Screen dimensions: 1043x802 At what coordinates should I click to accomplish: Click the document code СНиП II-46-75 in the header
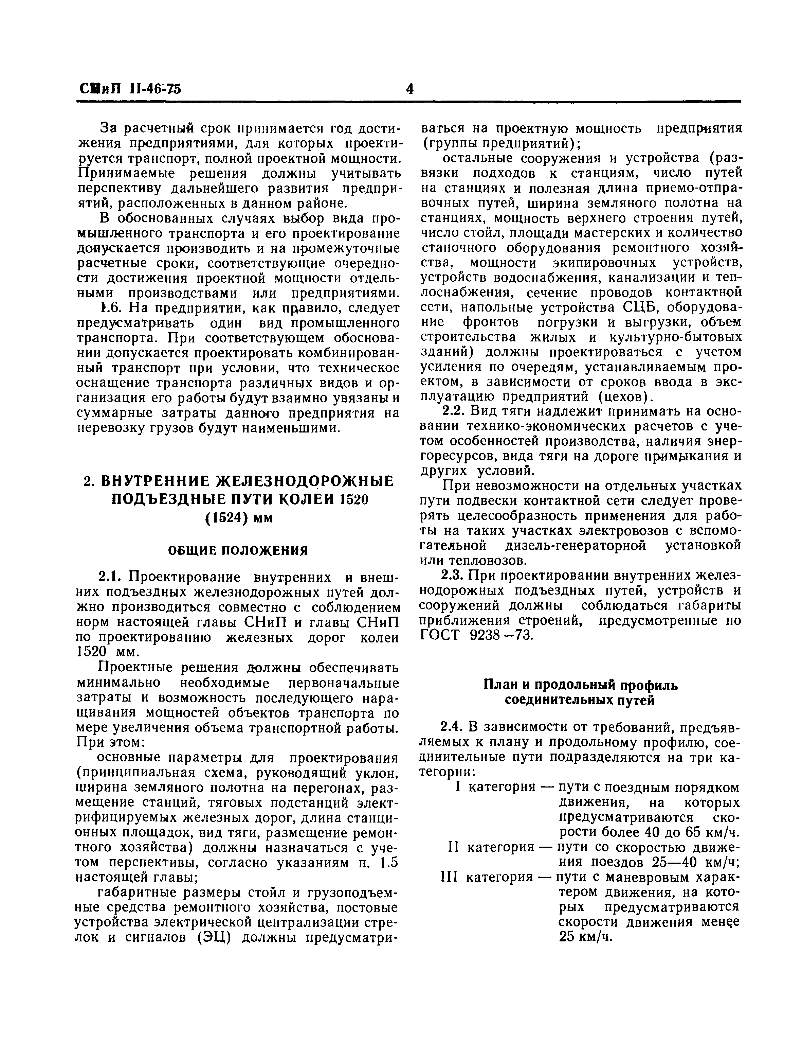129,89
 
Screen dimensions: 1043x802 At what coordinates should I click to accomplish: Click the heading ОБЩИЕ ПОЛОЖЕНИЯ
238,551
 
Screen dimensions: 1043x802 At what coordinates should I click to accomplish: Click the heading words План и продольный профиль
580,685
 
